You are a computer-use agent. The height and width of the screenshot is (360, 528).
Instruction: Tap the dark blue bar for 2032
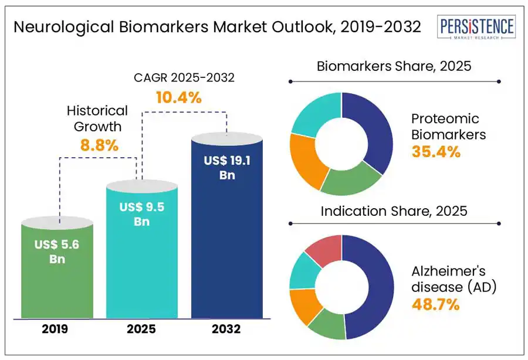coord(227,235)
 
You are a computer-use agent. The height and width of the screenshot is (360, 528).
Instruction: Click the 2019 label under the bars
coord(55,329)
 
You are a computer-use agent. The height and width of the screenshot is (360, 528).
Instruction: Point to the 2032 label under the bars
coord(227,329)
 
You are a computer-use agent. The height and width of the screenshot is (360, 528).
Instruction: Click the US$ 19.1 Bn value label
coord(227,167)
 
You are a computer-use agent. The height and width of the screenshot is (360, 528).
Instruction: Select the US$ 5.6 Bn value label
coord(56,252)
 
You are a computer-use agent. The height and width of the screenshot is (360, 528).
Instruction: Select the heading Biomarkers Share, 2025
coord(394,66)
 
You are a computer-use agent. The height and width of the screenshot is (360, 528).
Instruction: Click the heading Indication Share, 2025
coord(394,211)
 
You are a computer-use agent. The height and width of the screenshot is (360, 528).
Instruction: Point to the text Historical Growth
coord(97,118)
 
